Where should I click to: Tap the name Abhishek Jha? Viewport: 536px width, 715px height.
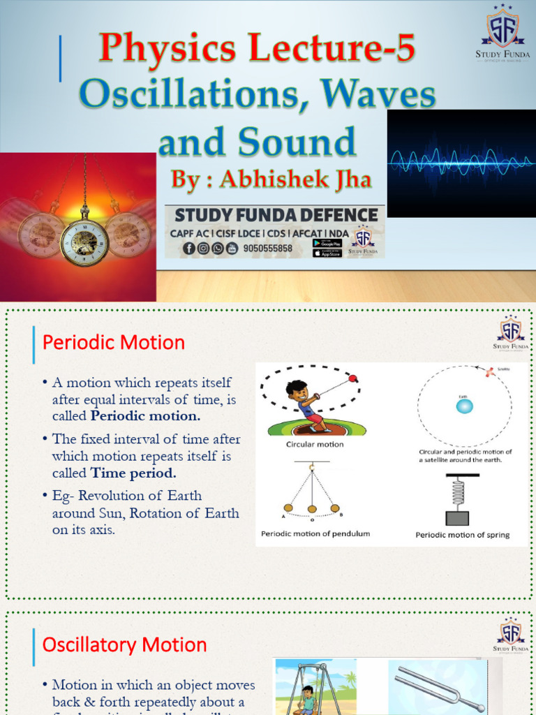click(271, 179)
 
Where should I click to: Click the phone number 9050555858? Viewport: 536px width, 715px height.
click(268, 248)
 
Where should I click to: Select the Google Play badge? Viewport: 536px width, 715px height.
click(327, 243)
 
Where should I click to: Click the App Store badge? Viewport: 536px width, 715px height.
click(327, 253)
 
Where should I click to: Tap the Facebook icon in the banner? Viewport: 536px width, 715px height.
click(189, 248)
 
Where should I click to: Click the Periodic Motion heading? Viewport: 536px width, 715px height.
click(114, 343)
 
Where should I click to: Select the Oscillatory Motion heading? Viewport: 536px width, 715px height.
click(125, 644)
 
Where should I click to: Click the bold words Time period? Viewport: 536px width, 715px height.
click(133, 473)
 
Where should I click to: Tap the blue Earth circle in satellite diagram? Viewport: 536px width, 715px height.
click(464, 406)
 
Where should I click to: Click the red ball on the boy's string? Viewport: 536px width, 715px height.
click(352, 378)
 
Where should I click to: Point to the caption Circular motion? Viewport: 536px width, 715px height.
click(315, 444)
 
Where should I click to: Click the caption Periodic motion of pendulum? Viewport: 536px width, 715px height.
click(315, 534)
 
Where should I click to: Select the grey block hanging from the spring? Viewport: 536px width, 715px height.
click(457, 517)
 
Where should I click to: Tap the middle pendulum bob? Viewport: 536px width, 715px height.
click(312, 509)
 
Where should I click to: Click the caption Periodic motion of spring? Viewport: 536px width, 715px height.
click(463, 535)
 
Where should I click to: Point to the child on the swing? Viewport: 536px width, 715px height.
click(307, 698)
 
